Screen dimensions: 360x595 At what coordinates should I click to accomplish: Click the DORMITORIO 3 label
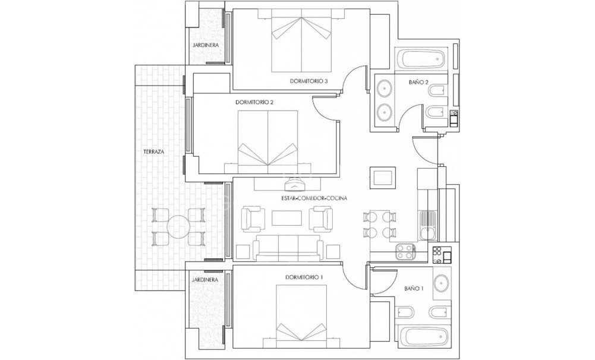click(x=309, y=81)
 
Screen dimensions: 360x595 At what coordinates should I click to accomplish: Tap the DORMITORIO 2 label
click(x=254, y=102)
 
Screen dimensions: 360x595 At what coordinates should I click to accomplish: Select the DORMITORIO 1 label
click(x=304, y=276)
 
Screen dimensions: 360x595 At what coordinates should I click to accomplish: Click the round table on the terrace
click(x=178, y=226)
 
